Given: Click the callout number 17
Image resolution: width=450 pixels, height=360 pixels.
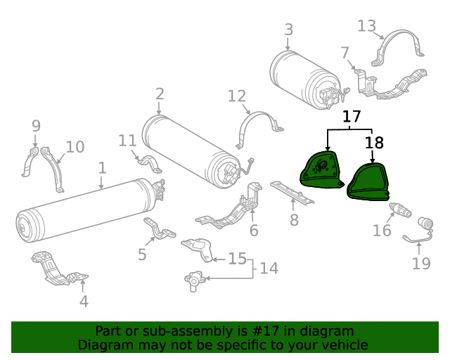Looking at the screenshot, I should tap(352, 116).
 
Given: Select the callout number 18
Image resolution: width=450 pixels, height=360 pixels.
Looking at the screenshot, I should tap(374, 143).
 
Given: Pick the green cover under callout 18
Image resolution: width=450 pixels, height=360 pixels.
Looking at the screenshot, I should tap(368, 182).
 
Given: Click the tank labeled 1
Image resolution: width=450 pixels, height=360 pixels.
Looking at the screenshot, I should tap(84, 211).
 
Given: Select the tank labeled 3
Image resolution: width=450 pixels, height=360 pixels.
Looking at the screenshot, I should tap(302, 77).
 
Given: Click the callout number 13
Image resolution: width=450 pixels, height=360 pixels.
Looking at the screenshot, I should tap(367, 26).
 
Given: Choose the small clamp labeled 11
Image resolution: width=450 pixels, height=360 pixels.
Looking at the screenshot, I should tap(150, 162).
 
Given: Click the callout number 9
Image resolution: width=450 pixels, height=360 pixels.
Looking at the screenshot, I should tap(36, 127).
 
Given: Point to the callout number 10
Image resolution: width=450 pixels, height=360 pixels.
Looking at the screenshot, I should tap(75, 147).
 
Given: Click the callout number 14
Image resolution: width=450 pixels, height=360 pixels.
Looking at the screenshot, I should tap(269, 268).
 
